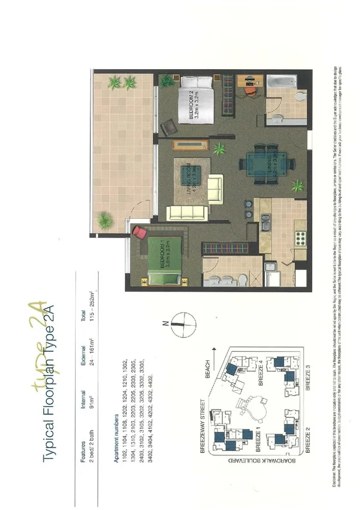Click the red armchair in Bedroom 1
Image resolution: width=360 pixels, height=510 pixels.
point(139,233)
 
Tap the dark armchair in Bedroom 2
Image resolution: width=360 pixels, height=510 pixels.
point(169,127)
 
